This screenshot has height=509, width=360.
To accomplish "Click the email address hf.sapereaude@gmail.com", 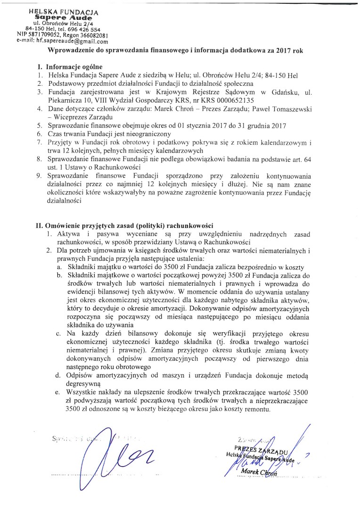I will (x=75, y=41).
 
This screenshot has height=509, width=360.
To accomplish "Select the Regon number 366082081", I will (x=95, y=34).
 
